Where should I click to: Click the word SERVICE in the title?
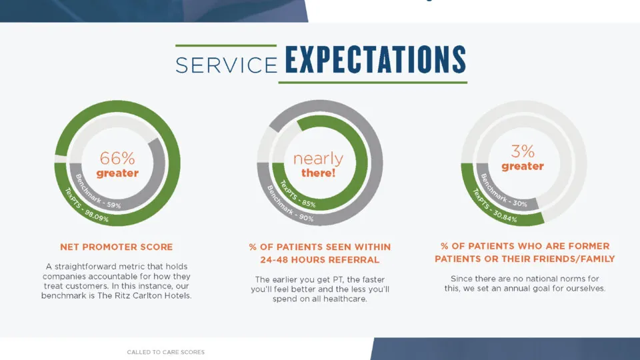(x=227, y=65)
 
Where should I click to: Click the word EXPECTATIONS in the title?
(x=375, y=59)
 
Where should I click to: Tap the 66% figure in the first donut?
(x=117, y=158)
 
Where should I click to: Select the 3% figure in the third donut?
(x=523, y=151)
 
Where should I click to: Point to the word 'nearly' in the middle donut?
(x=319, y=159)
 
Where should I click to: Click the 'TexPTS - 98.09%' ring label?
(x=87, y=205)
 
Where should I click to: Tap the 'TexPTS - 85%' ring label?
(x=297, y=194)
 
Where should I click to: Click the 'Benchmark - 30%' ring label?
(x=503, y=191)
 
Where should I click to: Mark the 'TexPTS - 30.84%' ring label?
(x=494, y=205)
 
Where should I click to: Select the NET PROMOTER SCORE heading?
(x=116, y=247)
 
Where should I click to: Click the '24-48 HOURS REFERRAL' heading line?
(x=319, y=259)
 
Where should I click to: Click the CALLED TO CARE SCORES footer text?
(x=166, y=352)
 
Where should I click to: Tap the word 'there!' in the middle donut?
(x=319, y=173)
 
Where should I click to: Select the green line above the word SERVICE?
(x=226, y=46)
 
